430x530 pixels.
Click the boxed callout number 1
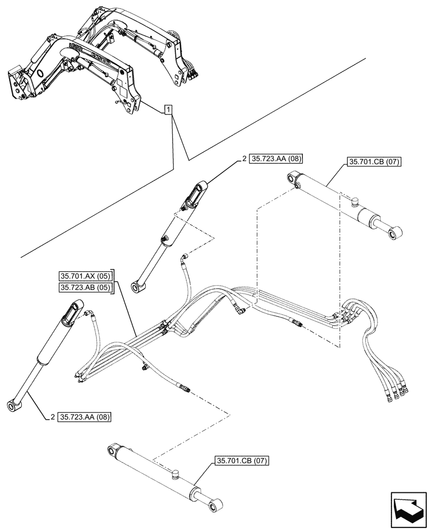pyautogui.click(x=168, y=110)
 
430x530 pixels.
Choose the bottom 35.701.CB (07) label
pyautogui.click(x=243, y=461)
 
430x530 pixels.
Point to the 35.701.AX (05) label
pyautogui.click(x=85, y=276)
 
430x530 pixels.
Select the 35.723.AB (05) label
pyautogui.click(x=85, y=287)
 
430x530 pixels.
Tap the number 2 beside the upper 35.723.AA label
pyautogui.click(x=244, y=158)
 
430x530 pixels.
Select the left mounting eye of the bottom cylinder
pyautogui.click(x=112, y=450)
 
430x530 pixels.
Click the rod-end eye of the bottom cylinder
pyautogui.click(x=216, y=508)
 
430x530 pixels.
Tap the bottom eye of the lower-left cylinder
pyautogui.click(x=11, y=406)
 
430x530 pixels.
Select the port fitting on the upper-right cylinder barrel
pyautogui.click(x=354, y=201)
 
